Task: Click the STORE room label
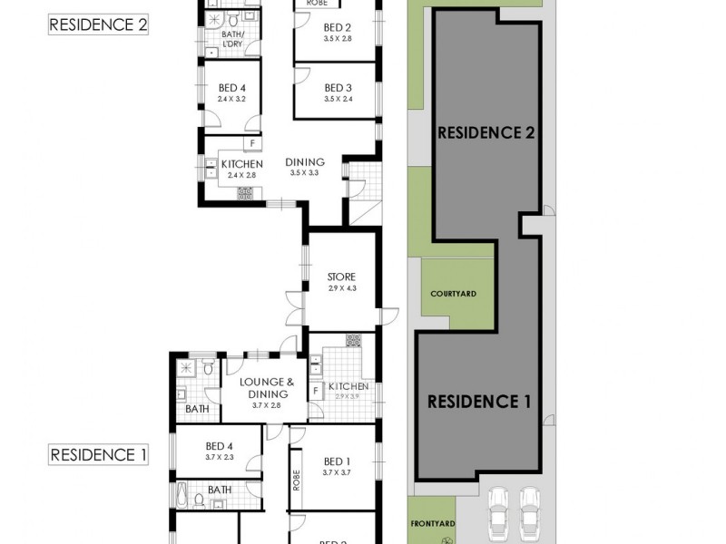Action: click(x=341, y=277)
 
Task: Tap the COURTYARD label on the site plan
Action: click(x=454, y=294)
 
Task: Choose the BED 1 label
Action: click(x=336, y=462)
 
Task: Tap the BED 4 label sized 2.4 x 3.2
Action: click(x=232, y=88)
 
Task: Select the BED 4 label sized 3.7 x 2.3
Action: click(x=220, y=446)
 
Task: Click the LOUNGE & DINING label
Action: click(x=263, y=388)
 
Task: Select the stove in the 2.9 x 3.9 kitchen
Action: click(x=353, y=341)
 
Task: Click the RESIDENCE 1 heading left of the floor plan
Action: click(x=98, y=455)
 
